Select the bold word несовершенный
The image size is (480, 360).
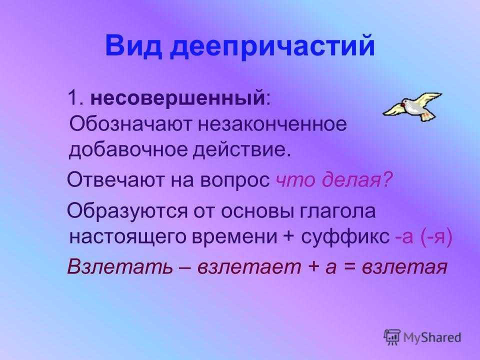click(x=177, y=98)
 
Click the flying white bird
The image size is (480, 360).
click(x=412, y=106)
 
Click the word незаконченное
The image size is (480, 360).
click(x=273, y=124)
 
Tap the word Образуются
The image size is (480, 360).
click(x=127, y=210)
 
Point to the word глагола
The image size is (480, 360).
click(x=337, y=211)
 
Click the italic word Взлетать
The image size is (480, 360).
click(x=120, y=266)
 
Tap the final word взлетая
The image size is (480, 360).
click(x=404, y=267)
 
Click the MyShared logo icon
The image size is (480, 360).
click(x=392, y=337)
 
